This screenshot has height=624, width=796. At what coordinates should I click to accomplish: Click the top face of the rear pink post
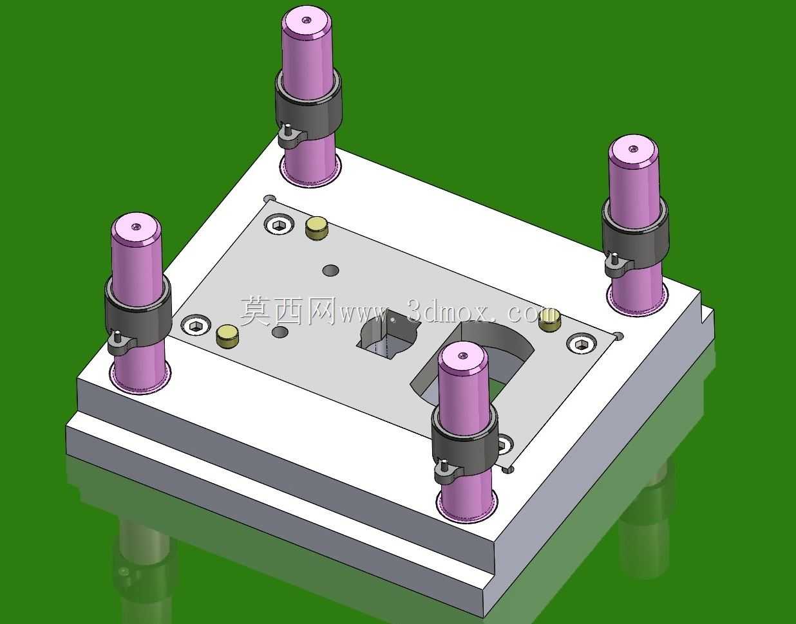(x=307, y=21)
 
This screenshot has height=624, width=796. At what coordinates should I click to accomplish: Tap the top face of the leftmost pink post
(x=137, y=228)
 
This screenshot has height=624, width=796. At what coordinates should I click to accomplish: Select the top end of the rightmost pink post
(x=633, y=151)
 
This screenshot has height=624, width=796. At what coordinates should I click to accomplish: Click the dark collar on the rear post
(x=308, y=106)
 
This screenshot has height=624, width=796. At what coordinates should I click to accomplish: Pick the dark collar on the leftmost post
(x=138, y=312)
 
